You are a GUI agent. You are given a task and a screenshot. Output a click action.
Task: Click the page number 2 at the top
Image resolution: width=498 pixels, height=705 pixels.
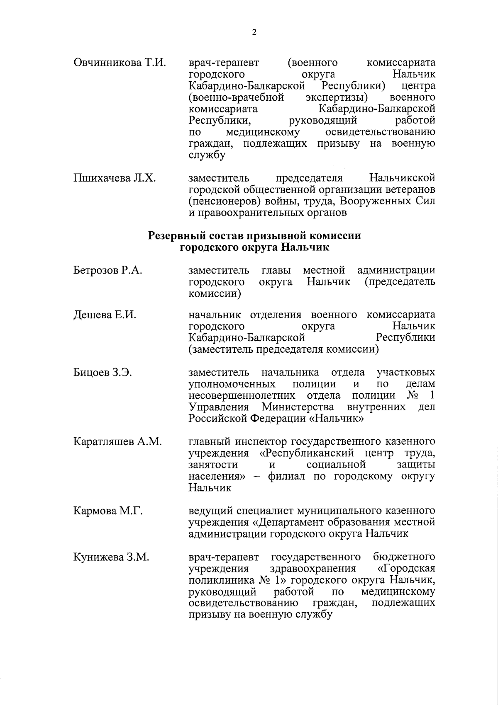pyautogui.click(x=254, y=33)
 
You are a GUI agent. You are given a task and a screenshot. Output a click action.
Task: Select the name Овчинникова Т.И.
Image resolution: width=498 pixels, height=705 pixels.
pyautogui.click(x=120, y=63)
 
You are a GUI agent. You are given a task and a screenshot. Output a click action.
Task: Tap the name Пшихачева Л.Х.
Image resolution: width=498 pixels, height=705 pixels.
pyautogui.click(x=115, y=178)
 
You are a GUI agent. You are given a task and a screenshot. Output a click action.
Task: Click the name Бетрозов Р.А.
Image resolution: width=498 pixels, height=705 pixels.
pyautogui.click(x=108, y=271)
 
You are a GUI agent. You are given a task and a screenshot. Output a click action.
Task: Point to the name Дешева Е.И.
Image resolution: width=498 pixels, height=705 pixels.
pyautogui.click(x=105, y=315)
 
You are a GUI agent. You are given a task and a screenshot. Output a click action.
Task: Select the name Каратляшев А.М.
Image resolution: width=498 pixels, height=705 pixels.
pyautogui.click(x=117, y=442)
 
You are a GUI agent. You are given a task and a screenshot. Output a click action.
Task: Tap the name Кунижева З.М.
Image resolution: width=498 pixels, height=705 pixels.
pyautogui.click(x=111, y=557)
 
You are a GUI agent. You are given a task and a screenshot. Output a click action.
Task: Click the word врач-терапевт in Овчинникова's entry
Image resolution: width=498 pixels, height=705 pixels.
pyautogui.click(x=224, y=63)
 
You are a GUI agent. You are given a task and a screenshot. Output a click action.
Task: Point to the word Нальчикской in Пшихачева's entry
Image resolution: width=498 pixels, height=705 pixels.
pyautogui.click(x=402, y=178)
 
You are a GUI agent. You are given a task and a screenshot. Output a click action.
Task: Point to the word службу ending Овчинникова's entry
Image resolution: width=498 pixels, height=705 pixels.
pyautogui.click(x=207, y=156)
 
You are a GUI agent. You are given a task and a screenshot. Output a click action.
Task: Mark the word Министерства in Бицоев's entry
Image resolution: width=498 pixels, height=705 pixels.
pyautogui.click(x=298, y=407)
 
